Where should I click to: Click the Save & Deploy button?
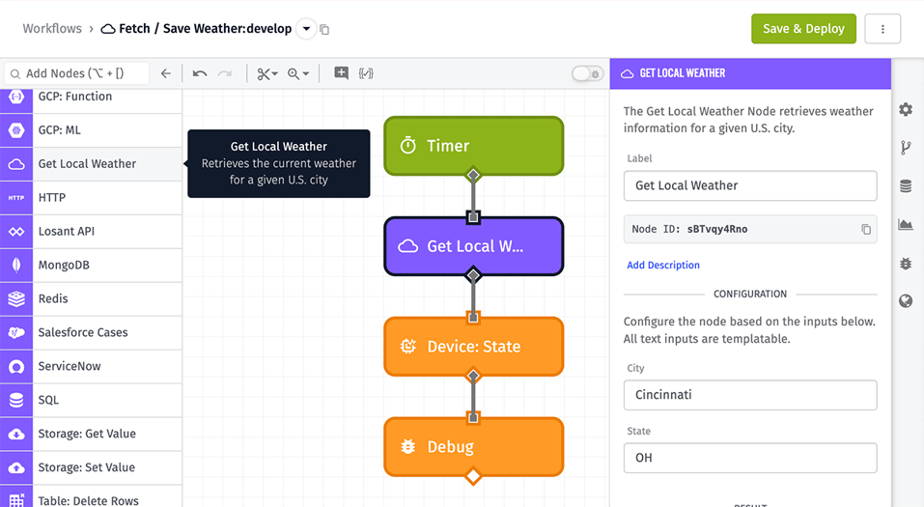(803, 29)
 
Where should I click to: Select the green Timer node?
(473, 146)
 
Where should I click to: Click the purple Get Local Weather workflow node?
(473, 246)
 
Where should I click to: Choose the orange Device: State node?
(473, 347)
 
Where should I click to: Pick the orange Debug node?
(473, 447)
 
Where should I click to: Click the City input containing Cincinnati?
(750, 395)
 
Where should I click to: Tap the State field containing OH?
(750, 458)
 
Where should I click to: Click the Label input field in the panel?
(750, 185)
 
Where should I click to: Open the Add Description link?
(663, 265)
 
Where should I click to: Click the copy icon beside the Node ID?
(866, 230)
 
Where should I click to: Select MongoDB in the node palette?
(91, 265)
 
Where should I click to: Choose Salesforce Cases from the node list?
(91, 332)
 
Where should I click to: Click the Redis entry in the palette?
(91, 298)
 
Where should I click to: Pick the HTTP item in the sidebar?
(91, 197)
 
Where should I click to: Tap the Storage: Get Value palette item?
(91, 434)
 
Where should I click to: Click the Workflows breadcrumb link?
(52, 29)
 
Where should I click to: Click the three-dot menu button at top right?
(882, 29)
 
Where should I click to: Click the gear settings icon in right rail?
(906, 110)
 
